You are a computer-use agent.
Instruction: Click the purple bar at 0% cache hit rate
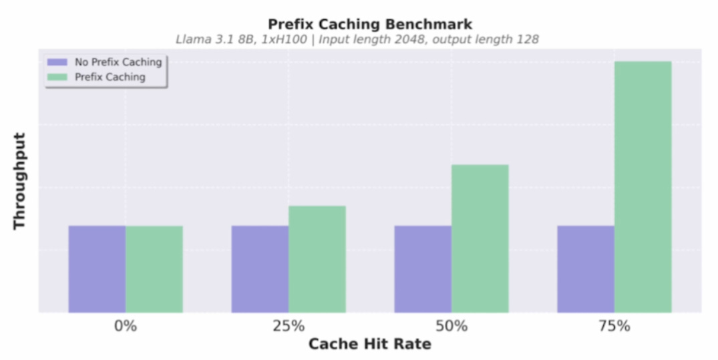(x=97, y=269)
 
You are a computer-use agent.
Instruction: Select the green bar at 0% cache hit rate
(x=154, y=269)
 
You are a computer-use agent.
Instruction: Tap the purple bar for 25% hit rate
(x=260, y=269)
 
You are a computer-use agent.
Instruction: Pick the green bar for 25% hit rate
(x=317, y=259)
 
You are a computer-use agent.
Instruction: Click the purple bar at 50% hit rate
(x=423, y=269)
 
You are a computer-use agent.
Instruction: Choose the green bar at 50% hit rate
(x=480, y=238)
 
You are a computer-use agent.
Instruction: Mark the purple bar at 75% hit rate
(x=586, y=269)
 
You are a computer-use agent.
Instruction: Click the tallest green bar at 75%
(x=643, y=187)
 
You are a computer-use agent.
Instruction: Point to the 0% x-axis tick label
(x=126, y=327)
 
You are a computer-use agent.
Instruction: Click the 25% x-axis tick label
(x=289, y=327)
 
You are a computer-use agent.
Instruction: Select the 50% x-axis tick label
(x=452, y=327)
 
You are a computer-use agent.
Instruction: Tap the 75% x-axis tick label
(x=614, y=327)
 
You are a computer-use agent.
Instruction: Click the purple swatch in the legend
(x=57, y=62)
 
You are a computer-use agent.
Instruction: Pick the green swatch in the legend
(x=57, y=77)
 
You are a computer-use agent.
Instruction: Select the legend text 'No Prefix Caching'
(x=119, y=62)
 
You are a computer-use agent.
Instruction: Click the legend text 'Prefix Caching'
(x=110, y=77)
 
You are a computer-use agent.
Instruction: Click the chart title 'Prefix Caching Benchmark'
(x=370, y=24)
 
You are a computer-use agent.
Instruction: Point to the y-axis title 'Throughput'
(x=19, y=181)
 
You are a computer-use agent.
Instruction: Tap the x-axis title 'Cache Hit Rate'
(x=370, y=344)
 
